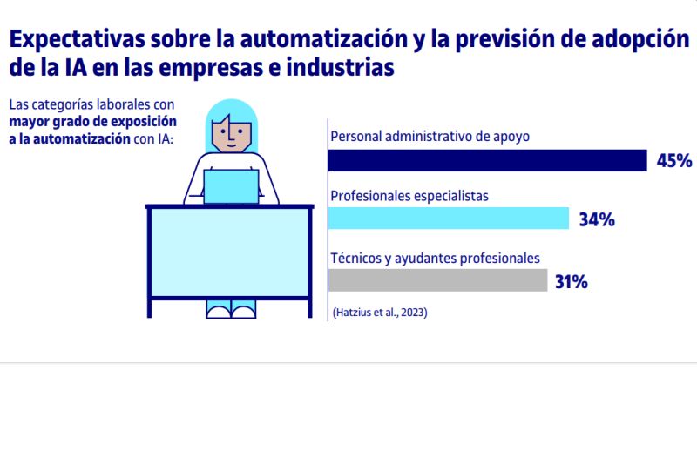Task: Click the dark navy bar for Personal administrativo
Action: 486,160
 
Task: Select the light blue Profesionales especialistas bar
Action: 448,219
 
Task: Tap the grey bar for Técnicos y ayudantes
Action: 437,280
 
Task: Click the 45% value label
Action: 673,161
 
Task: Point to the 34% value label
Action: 597,220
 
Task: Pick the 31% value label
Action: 571,282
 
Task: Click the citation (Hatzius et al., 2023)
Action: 380,312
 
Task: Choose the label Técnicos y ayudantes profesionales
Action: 436,258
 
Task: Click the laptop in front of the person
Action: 231,186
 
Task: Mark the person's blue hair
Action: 230,111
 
